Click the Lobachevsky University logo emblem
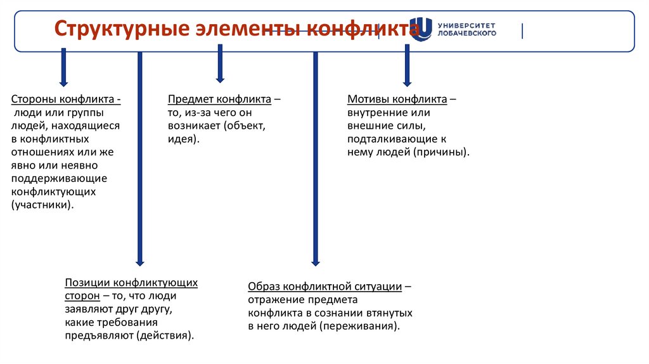(421, 29)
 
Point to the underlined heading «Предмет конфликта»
(220, 100)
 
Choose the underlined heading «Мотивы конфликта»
(397, 100)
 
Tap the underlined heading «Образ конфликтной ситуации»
(325, 286)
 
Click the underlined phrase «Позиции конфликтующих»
(131, 283)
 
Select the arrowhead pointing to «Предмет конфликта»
(220, 79)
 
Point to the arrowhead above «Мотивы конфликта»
(407, 81)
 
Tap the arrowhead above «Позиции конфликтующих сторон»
(139, 261)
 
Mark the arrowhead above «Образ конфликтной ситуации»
(315, 261)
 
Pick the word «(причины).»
(442, 152)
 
